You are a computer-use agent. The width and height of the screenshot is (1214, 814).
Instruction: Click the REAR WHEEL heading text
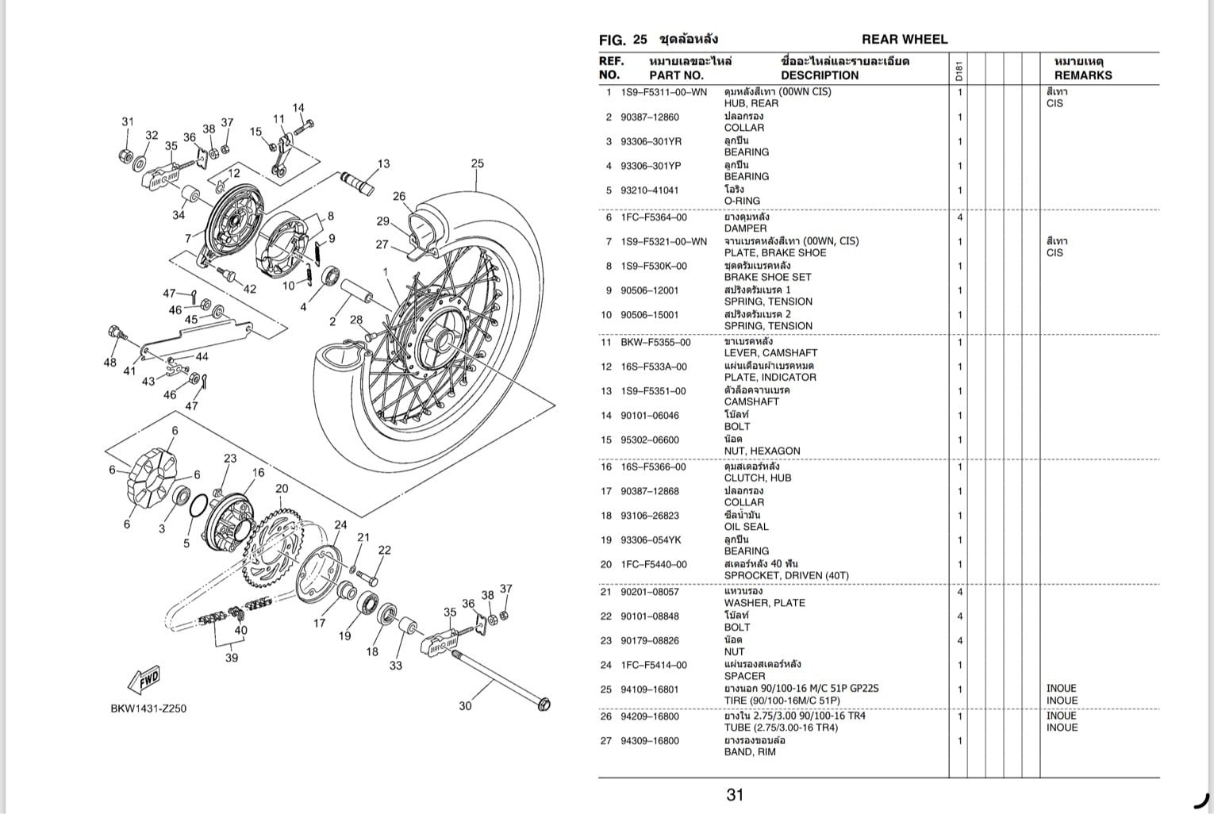click(904, 39)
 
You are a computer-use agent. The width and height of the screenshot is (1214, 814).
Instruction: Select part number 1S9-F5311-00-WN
click(663, 92)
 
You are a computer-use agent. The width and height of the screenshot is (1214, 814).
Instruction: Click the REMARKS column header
click(1082, 75)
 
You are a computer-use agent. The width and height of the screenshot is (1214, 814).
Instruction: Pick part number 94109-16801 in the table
click(649, 689)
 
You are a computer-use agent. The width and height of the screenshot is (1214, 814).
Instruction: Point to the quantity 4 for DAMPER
click(959, 217)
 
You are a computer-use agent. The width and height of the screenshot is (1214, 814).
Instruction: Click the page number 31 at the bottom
click(734, 794)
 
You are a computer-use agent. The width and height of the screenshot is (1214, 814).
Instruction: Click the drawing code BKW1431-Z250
click(148, 708)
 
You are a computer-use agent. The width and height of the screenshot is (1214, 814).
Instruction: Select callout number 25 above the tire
click(477, 163)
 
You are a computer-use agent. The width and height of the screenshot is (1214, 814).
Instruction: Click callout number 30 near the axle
click(465, 705)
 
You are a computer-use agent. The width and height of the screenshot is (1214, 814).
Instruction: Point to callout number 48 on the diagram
click(109, 363)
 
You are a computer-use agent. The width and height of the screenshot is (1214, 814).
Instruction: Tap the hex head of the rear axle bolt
click(543, 705)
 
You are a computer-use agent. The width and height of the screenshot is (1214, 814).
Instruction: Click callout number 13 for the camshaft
click(383, 164)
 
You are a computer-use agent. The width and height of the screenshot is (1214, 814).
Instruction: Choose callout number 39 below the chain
click(232, 658)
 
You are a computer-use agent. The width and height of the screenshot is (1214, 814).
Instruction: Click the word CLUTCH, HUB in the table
click(757, 478)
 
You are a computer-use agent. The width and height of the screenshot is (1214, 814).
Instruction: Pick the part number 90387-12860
click(649, 117)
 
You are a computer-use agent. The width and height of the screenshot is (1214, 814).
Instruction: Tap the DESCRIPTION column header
click(819, 75)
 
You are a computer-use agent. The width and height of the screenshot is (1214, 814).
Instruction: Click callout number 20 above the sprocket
click(282, 489)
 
